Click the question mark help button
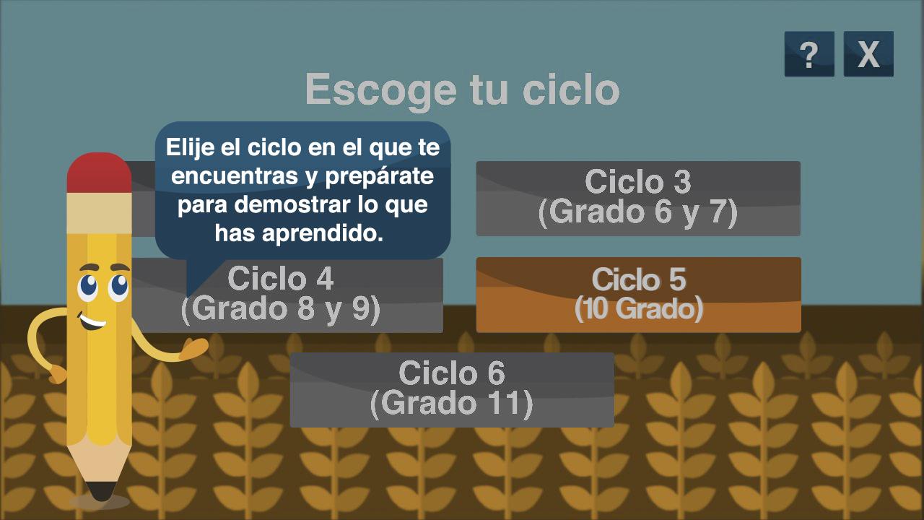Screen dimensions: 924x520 [x=809, y=54]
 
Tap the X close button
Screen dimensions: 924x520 [x=868, y=54]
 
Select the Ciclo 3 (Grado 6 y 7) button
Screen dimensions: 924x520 [x=638, y=199]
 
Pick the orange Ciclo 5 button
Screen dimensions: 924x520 [x=639, y=295]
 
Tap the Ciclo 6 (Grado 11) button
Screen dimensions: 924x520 [x=452, y=390]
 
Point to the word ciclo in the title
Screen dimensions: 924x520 [x=571, y=89]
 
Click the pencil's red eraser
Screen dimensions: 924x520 [x=99, y=173]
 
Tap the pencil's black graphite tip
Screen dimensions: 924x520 [x=101, y=490]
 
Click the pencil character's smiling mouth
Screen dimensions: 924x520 [x=92, y=321]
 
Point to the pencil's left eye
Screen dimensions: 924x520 [x=88, y=287]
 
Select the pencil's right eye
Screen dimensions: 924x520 [x=119, y=287]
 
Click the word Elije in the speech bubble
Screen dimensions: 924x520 [x=190, y=147]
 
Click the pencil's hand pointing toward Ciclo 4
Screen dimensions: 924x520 [x=195, y=348]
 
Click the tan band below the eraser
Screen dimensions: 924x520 [x=99, y=212]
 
